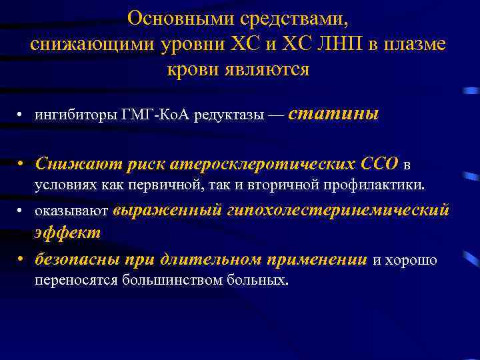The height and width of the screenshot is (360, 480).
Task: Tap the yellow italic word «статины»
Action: (335, 114)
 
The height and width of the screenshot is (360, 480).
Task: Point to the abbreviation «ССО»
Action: (379, 163)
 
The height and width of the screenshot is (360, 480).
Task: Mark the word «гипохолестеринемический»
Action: (339, 211)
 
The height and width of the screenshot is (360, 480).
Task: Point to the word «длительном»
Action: (216, 259)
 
